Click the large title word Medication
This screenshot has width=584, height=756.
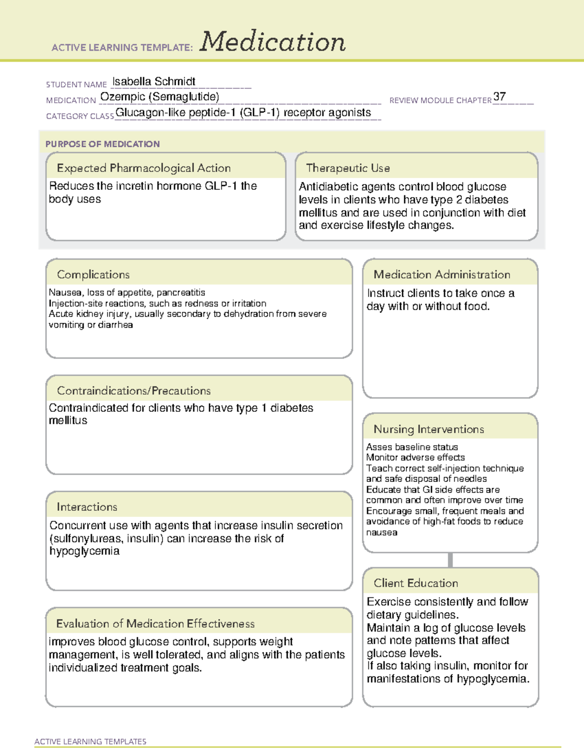(x=273, y=42)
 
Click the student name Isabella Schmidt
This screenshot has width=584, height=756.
(x=154, y=81)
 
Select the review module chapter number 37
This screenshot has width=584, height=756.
(x=499, y=96)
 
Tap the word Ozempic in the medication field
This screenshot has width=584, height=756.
(x=123, y=97)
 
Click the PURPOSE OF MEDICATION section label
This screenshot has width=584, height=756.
(x=102, y=144)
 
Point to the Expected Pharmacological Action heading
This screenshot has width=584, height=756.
(x=144, y=168)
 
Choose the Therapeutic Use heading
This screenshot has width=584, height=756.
(x=348, y=168)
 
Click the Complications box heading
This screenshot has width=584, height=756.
(x=93, y=275)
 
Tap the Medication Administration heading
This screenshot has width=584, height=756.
(x=442, y=275)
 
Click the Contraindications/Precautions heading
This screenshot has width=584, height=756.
(x=134, y=390)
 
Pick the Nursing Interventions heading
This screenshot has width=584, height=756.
(x=429, y=429)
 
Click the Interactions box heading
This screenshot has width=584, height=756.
(x=87, y=507)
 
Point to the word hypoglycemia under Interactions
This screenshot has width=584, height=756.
(x=84, y=551)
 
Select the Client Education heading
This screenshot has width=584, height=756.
(x=416, y=583)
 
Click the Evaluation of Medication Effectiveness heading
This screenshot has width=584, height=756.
(x=155, y=624)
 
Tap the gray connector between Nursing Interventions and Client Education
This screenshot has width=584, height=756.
(x=450, y=560)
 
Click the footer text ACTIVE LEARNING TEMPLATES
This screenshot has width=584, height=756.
(x=91, y=741)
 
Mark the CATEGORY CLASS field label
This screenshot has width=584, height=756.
(x=80, y=116)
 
